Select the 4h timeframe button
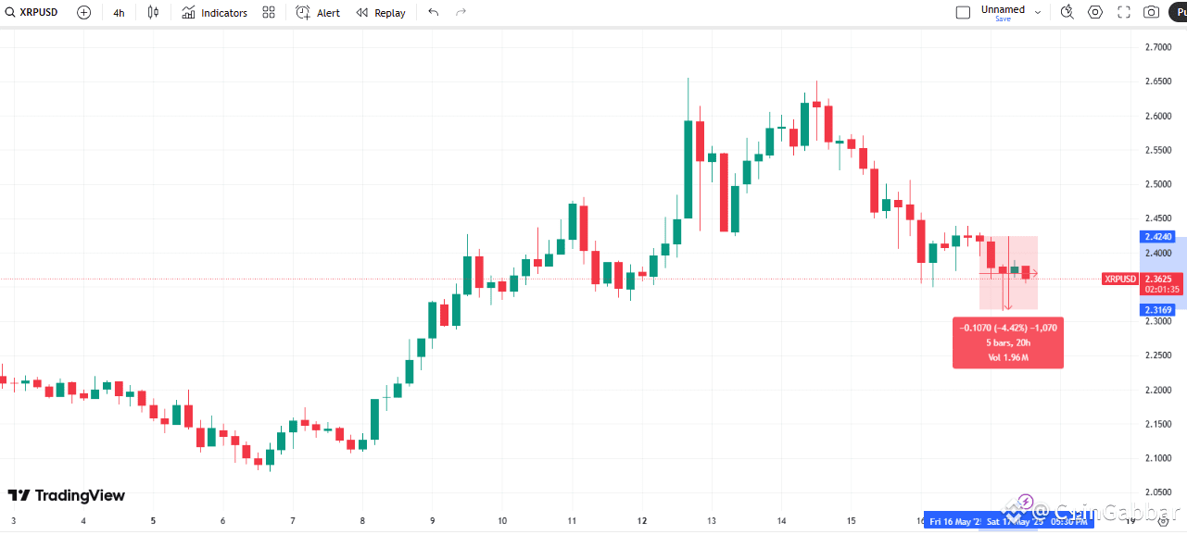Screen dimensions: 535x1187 [119, 13]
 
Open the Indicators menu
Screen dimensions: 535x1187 [214, 13]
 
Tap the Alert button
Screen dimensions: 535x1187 [318, 13]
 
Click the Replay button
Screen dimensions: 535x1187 [381, 13]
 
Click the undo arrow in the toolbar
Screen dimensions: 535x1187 [433, 13]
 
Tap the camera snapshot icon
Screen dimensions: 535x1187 [1151, 12]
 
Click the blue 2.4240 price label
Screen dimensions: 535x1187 [1159, 237]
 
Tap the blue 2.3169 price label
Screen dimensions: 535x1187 [1159, 310]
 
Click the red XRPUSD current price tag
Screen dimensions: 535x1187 [1119, 279]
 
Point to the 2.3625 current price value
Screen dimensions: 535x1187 [1158, 279]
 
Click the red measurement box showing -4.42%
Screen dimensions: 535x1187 [1008, 342]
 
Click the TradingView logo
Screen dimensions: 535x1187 [66, 496]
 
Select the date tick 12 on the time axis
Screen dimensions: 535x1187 [641, 521]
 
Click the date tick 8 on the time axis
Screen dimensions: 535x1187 [362, 521]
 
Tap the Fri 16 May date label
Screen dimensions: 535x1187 [954, 522]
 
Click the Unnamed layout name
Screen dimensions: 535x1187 [1003, 9]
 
